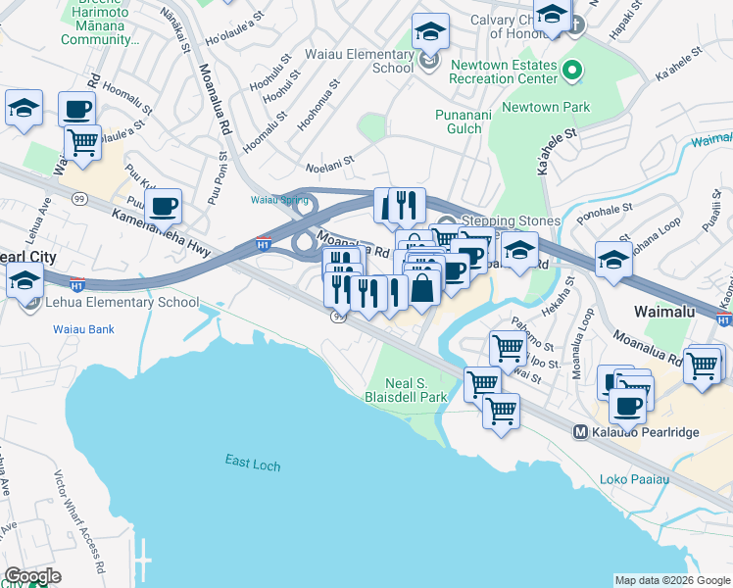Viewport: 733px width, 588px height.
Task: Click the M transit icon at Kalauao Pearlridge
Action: (580, 431)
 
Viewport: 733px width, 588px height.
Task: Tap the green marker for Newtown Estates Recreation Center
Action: (575, 70)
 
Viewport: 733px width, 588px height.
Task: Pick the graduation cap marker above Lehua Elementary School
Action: (24, 279)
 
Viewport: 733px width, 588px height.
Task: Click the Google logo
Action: (32, 576)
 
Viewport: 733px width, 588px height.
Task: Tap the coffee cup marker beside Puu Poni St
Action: (165, 207)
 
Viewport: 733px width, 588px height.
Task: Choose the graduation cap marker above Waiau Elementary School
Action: (430, 31)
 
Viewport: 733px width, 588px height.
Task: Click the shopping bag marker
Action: (423, 289)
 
